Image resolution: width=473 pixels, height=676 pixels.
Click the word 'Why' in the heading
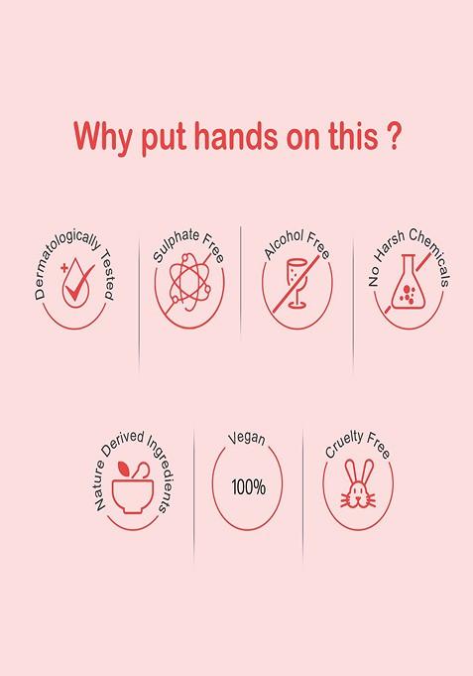pyautogui.click(x=103, y=138)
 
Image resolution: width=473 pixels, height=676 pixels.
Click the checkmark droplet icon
pyautogui.click(x=77, y=282)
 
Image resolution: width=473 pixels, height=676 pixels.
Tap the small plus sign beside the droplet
pyautogui.click(x=64, y=268)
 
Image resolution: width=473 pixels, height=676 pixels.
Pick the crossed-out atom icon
pyautogui.click(x=189, y=282)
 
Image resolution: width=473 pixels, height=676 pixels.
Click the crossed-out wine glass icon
pyautogui.click(x=297, y=283)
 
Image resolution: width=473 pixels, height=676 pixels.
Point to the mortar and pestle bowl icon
pyautogui.click(x=132, y=487)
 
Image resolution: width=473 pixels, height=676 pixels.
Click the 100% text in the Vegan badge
pyautogui.click(x=249, y=487)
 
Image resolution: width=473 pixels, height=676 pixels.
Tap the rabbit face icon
pyautogui.click(x=358, y=483)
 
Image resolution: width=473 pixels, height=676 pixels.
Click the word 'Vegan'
pyautogui.click(x=247, y=438)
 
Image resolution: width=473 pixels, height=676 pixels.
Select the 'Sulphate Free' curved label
pyautogui.click(x=188, y=244)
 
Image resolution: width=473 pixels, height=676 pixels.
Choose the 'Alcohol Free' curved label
pyautogui.click(x=297, y=244)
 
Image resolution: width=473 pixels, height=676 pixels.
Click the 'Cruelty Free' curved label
pyautogui.click(x=358, y=444)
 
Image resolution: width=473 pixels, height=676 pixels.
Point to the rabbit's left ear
pyautogui.click(x=350, y=473)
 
